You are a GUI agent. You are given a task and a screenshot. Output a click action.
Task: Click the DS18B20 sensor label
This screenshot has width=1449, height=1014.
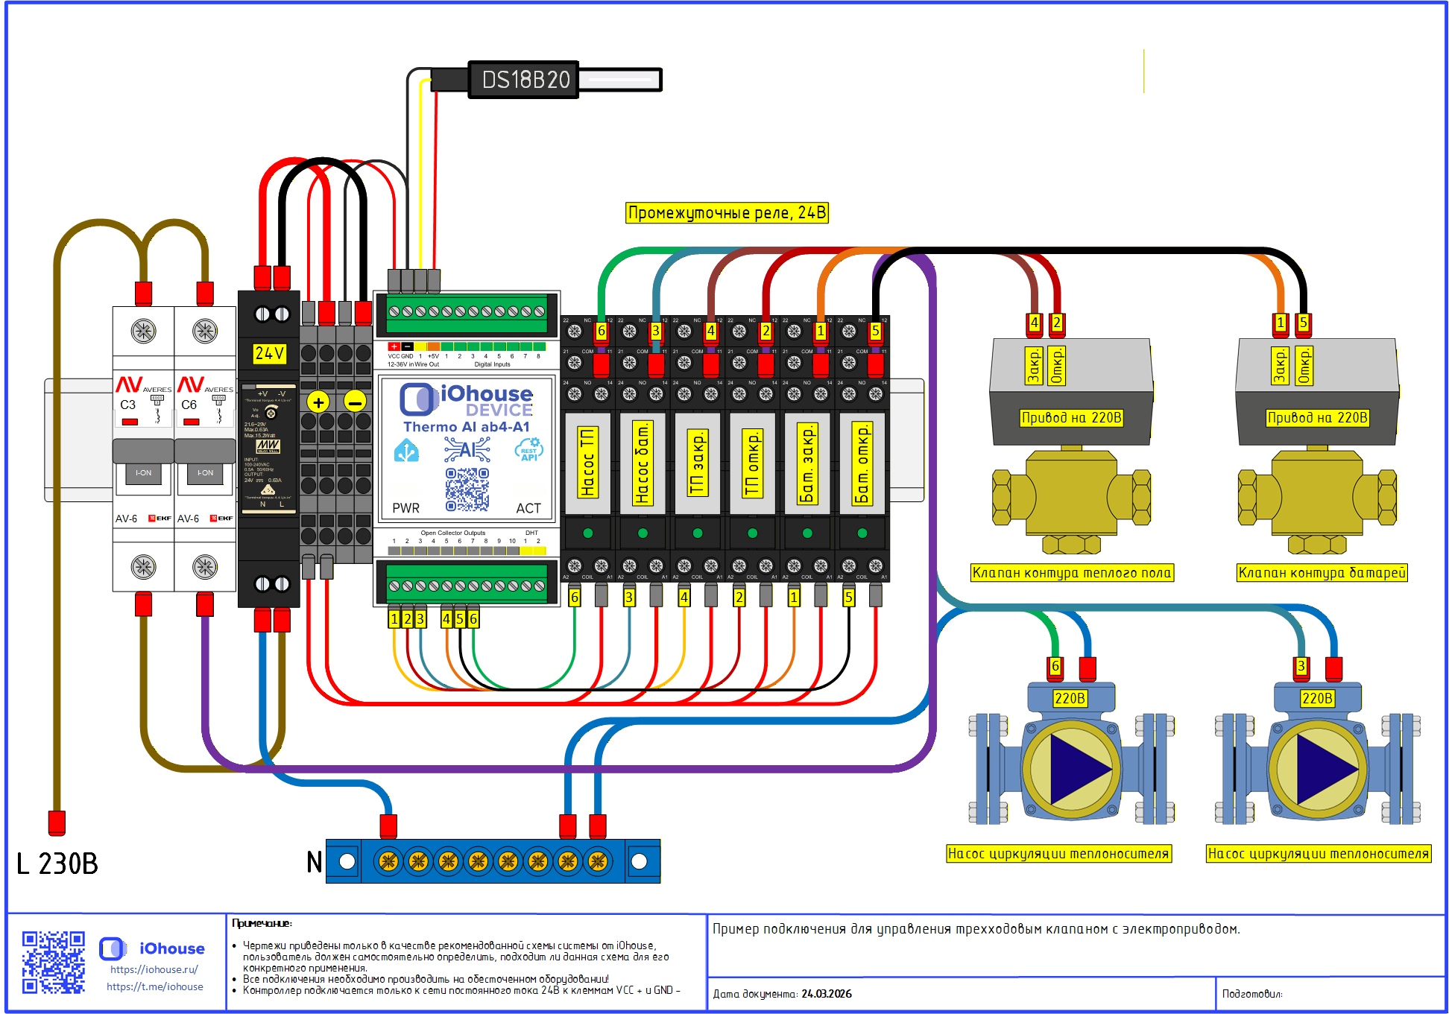pyautogui.click(x=525, y=80)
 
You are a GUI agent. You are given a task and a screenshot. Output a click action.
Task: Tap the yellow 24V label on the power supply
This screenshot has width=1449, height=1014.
pyautogui.click(x=269, y=353)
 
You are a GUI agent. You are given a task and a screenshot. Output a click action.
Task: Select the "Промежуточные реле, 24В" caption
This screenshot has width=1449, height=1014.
pyautogui.click(x=727, y=213)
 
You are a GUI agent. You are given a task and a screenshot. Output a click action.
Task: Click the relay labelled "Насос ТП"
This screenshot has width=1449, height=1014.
pyautogui.click(x=587, y=463)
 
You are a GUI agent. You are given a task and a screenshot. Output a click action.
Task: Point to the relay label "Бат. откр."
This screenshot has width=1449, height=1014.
pyautogui.click(x=862, y=463)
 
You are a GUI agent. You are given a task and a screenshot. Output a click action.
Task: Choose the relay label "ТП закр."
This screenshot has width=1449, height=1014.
pyautogui.click(x=697, y=463)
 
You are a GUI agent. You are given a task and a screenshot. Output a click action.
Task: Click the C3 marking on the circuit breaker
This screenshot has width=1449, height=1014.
pyautogui.click(x=128, y=405)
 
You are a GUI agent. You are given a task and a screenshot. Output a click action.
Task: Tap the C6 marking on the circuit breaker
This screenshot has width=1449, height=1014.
pyautogui.click(x=189, y=405)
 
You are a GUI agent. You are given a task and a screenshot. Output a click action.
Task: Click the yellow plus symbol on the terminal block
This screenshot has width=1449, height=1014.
pyautogui.click(x=318, y=402)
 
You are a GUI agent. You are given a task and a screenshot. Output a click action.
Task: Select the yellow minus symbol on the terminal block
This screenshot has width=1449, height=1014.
pyautogui.click(x=355, y=402)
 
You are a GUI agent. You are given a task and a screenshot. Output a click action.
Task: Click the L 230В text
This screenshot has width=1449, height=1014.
pyautogui.click(x=57, y=864)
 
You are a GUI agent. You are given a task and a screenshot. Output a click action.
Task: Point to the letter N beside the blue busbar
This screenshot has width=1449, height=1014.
pyautogui.click(x=315, y=862)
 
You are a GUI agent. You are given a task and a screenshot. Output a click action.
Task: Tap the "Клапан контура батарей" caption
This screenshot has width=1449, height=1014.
pyautogui.click(x=1322, y=572)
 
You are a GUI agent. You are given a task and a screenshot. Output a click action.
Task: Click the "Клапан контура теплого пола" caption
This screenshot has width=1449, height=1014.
pyautogui.click(x=1072, y=572)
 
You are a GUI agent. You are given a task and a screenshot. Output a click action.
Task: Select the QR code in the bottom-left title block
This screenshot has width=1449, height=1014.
pyautogui.click(x=53, y=962)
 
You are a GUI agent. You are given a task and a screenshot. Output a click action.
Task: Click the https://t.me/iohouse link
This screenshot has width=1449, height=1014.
pyautogui.click(x=155, y=986)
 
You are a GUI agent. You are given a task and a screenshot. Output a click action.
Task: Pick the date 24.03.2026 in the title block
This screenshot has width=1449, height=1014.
pyautogui.click(x=827, y=994)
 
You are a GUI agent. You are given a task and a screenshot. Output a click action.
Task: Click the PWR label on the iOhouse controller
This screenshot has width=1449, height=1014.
pyautogui.click(x=406, y=508)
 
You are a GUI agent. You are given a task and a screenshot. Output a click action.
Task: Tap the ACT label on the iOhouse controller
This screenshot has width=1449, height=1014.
pyautogui.click(x=528, y=508)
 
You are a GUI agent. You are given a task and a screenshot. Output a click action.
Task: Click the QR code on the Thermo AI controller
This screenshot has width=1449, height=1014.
pyautogui.click(x=467, y=489)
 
